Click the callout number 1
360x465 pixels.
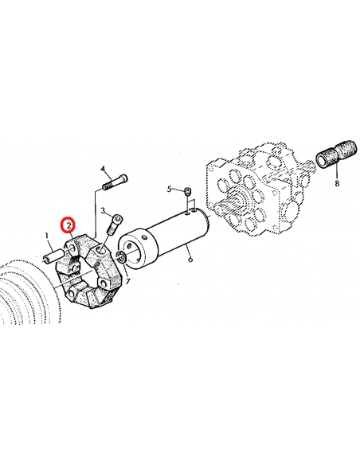[47, 236]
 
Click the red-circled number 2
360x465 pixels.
[69, 226]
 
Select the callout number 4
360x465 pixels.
[104, 169]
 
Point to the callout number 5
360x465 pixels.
[169, 189]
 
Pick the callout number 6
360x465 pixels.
[189, 258]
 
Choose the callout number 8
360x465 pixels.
[336, 182]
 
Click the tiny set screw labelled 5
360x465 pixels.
[186, 190]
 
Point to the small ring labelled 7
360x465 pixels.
[120, 256]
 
